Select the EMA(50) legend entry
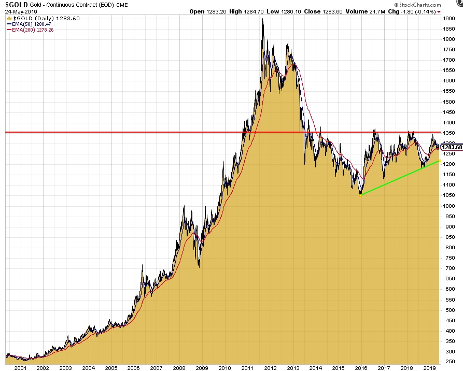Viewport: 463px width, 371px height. click(29, 23)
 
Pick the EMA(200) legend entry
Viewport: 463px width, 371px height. click(31, 30)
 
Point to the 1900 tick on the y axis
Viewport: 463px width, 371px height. click(450, 18)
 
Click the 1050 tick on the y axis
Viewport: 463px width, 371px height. click(450, 195)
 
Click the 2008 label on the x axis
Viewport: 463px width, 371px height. click(179, 367)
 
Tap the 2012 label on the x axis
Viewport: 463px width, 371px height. click(270, 367)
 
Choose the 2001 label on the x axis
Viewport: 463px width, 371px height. click(21, 367)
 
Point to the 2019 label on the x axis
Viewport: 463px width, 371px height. click(429, 367)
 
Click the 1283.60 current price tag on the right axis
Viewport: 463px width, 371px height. click(452, 147)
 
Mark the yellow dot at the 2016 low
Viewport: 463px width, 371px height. click(360, 195)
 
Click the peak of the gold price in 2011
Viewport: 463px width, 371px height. click(262, 19)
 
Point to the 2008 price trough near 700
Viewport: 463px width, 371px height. click(199, 267)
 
